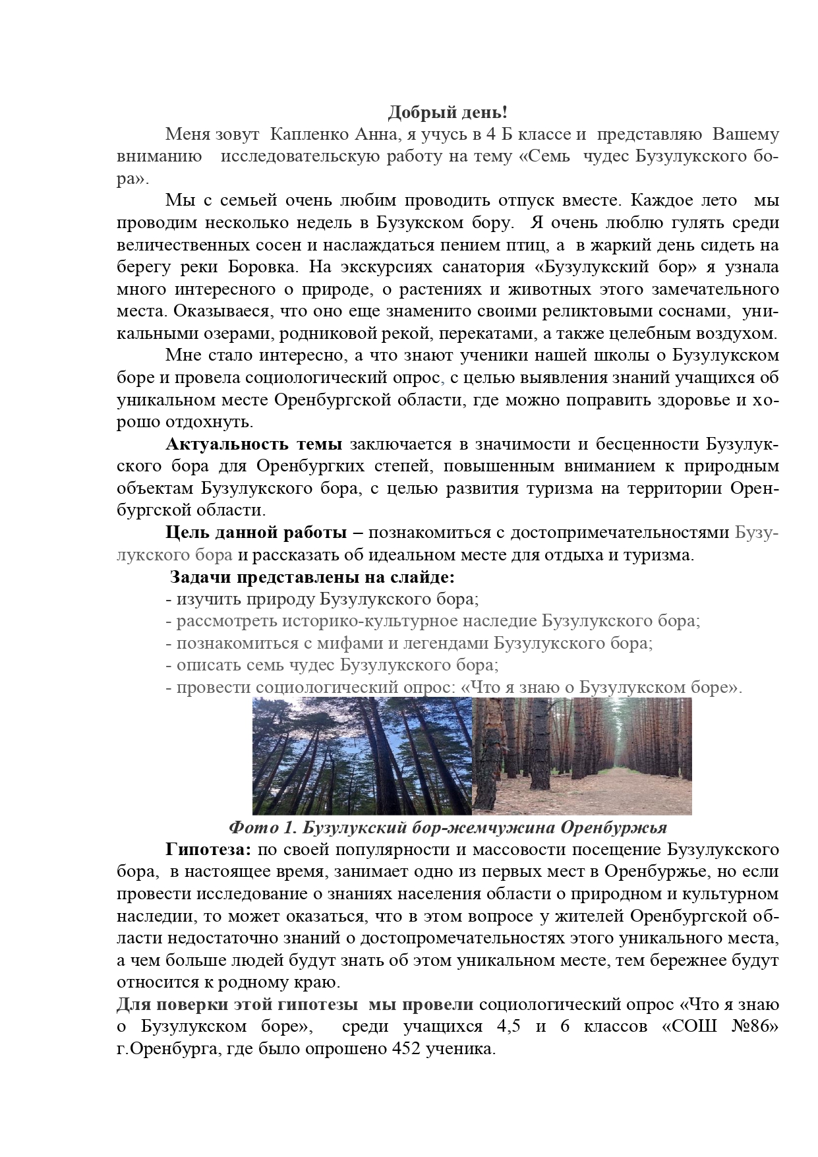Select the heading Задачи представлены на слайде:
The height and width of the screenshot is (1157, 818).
coord(312,578)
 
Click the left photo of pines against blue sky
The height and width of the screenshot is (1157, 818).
coord(362,756)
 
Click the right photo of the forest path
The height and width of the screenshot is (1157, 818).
coord(582,756)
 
